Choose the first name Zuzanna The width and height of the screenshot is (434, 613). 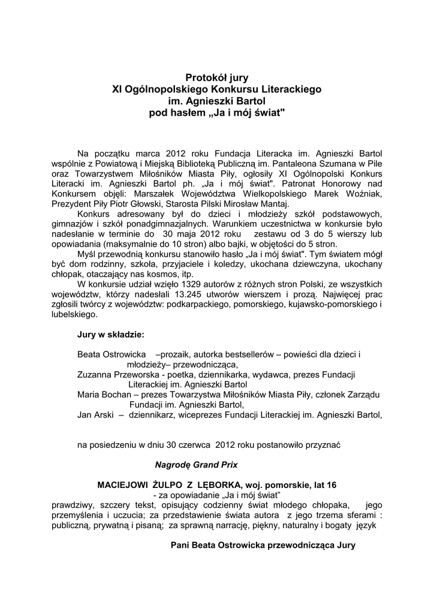[98, 374]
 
